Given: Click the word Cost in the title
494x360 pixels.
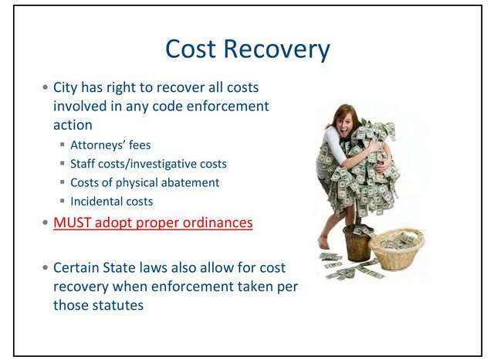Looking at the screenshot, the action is coord(191,49).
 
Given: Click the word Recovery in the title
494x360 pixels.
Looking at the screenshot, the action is coord(276,50).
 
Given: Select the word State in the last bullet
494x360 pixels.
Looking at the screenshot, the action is coord(119,267).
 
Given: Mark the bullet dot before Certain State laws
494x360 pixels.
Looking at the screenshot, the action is coord(46,267).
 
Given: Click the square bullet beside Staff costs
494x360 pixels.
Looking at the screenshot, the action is coord(63,163).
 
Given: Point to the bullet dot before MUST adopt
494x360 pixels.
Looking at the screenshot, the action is coord(46,222).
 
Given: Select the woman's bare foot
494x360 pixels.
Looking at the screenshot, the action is coord(323,243).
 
